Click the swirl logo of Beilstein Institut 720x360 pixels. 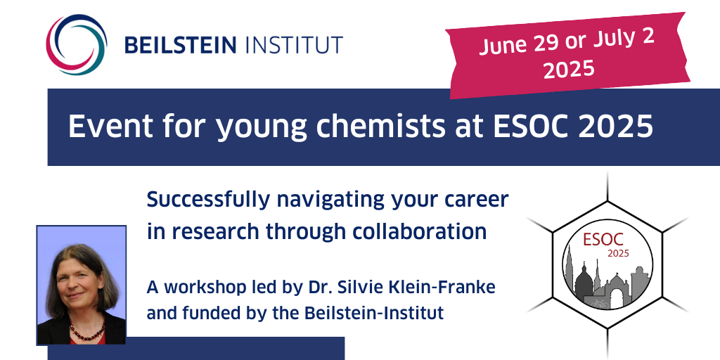76,44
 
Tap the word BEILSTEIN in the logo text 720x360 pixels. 181,45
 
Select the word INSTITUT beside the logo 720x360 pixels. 295,45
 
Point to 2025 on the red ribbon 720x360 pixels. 569,70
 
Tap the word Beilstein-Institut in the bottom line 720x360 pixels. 374,313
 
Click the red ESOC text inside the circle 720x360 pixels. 603,239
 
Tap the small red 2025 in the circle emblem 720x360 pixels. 619,253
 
